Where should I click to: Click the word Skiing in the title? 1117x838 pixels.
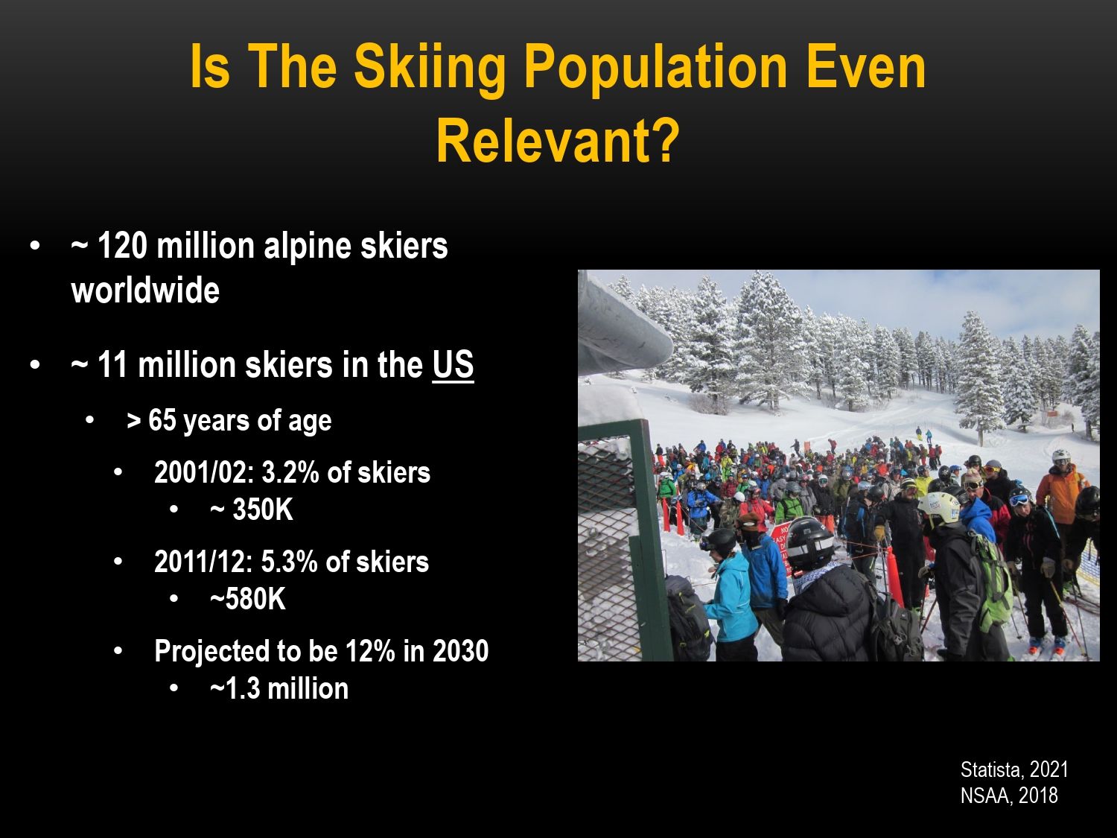pos(430,67)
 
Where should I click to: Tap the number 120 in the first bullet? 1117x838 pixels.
pos(122,246)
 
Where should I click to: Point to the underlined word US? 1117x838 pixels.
pos(453,365)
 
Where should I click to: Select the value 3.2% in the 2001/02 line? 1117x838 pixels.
pos(290,473)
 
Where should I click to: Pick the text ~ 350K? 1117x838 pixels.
pos(252,510)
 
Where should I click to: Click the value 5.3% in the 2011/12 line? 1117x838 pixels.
pos(290,562)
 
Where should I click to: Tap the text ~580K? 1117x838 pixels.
pos(248,599)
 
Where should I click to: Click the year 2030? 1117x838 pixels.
pos(460,651)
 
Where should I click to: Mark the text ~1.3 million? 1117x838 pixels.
pos(279,688)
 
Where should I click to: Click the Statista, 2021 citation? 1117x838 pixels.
pos(1014,769)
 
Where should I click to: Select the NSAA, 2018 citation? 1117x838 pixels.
pos(1009,796)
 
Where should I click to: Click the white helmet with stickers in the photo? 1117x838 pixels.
pos(939,508)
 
